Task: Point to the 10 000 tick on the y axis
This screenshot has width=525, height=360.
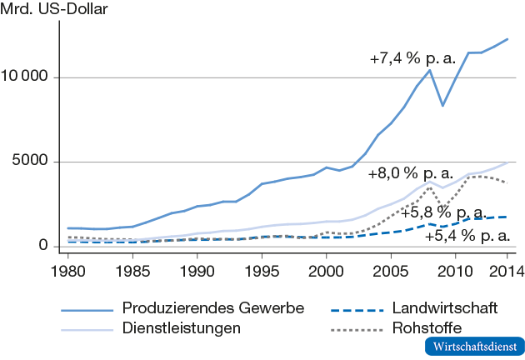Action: (29, 77)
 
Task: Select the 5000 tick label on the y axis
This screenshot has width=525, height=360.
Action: (34, 162)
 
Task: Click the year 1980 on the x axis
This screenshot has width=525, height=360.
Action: (67, 270)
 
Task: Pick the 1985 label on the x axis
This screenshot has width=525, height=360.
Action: (132, 270)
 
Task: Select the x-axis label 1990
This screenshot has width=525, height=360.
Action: (197, 270)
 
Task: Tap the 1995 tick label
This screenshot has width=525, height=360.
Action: (262, 270)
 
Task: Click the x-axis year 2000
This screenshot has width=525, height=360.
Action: (327, 270)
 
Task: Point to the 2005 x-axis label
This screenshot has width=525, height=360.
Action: (392, 270)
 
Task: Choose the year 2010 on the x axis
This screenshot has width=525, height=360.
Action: (456, 270)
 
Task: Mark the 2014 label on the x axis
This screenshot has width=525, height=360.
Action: (507, 270)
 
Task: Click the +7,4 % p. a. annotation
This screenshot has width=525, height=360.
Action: (412, 60)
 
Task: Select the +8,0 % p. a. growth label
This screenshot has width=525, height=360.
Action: (410, 174)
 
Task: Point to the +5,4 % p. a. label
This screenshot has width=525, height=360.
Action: (467, 236)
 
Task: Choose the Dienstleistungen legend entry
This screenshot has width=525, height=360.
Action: (182, 327)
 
